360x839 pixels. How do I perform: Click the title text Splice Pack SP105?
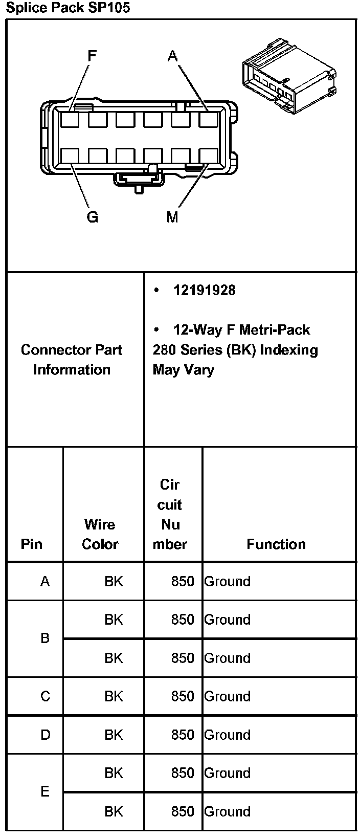coord(68,8)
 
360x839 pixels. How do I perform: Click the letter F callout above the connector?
coord(92,55)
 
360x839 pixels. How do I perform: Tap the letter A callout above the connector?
coord(172,55)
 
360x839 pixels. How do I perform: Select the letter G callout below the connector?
coord(92,217)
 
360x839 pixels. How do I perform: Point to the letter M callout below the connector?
coord(172,217)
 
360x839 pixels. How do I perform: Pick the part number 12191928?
coord(205,291)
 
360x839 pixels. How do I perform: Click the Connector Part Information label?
coord(72,360)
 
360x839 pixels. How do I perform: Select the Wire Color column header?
coord(100,534)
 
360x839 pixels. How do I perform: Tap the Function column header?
coord(276,544)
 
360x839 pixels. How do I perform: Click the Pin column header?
coord(32,544)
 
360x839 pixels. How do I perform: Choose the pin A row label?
coord(46,582)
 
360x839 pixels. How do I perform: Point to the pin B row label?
coord(46,638)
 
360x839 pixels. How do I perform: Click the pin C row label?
coord(46,696)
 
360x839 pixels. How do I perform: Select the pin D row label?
coord(46,735)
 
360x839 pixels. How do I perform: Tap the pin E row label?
coord(46,792)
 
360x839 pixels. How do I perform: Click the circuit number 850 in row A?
coord(183,582)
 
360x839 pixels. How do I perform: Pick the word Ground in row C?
coord(228,696)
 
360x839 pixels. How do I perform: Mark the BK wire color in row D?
coord(114,735)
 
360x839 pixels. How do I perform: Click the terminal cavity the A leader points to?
coord(208,120)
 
